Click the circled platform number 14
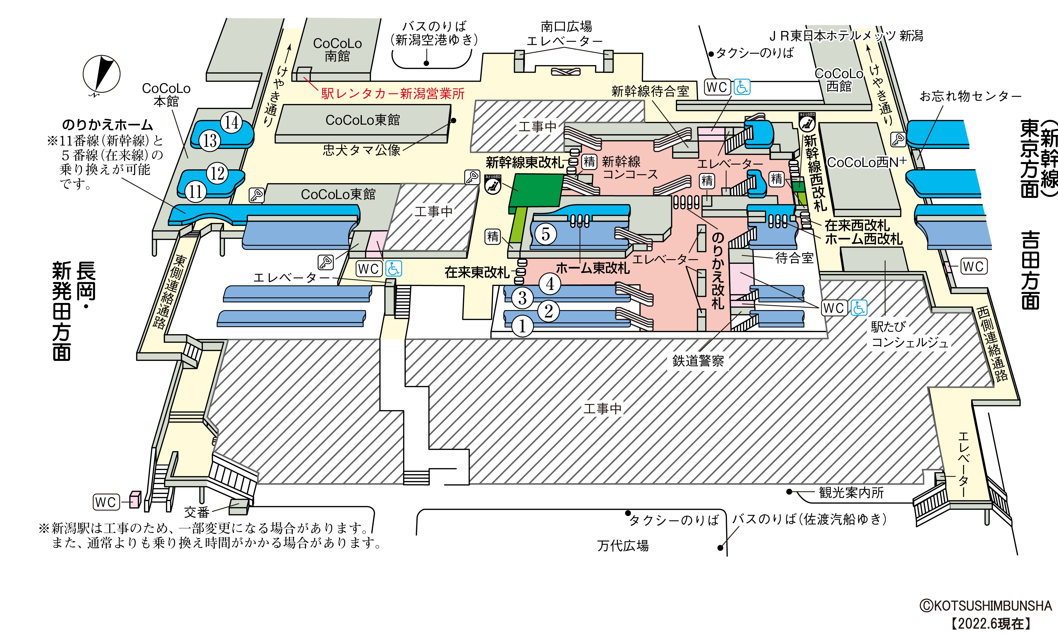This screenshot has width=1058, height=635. tap(231, 123)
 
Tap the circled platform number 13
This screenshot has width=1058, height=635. tap(209, 140)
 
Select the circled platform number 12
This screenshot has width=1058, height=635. tap(217, 173)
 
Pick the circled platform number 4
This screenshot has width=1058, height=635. tap(550, 284)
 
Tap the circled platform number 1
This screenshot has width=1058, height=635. tap(522, 326)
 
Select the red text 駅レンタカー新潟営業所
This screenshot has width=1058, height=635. tap(393, 94)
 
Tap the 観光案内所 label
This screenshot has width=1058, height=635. tap(851, 493)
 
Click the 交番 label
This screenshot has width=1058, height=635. tap(197, 512)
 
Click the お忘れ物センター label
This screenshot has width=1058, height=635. tap(970, 96)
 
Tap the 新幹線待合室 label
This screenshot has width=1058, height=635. tap(650, 91)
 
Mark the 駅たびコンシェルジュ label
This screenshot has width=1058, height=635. tap(909, 335)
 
